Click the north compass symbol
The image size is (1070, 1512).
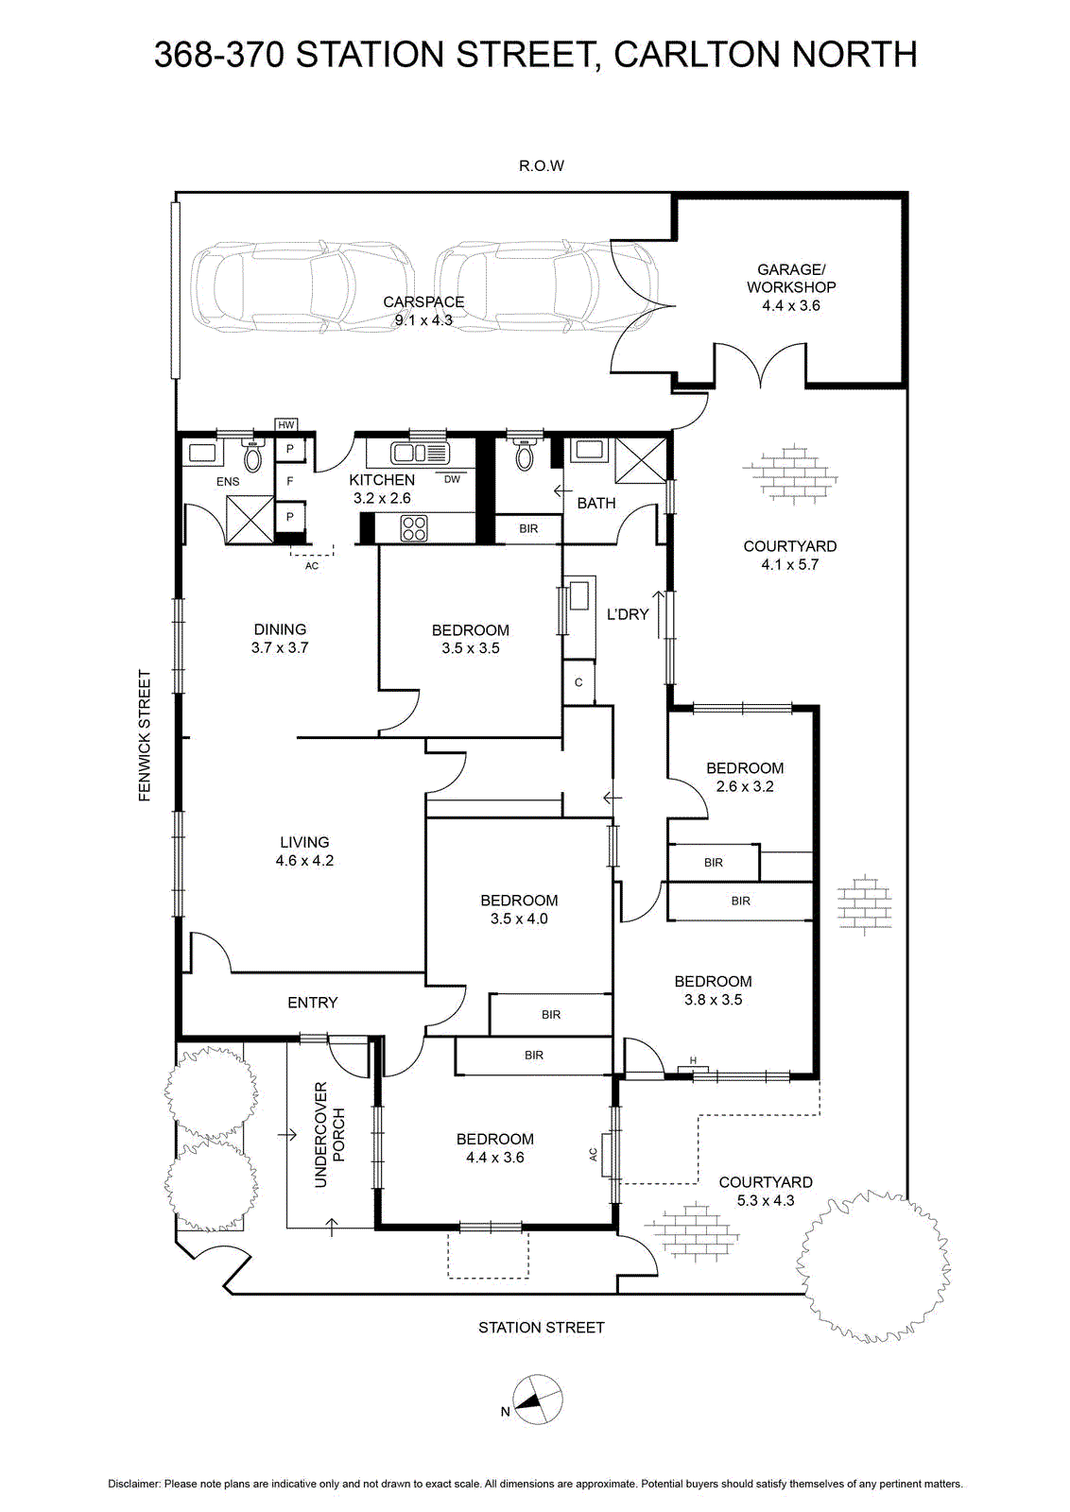click(x=537, y=1400)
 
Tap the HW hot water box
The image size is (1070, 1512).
click(x=286, y=425)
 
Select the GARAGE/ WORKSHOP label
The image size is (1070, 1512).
click(x=791, y=278)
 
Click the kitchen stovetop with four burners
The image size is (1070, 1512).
click(x=413, y=528)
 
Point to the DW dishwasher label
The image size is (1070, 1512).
click(x=452, y=480)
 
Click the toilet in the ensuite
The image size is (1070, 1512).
click(x=253, y=456)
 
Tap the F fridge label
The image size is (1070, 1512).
click(x=290, y=481)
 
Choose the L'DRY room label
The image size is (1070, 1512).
click(x=627, y=614)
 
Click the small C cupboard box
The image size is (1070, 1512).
click(x=578, y=682)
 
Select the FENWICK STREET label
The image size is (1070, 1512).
click(x=145, y=735)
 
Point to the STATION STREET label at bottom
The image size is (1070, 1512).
click(x=542, y=1328)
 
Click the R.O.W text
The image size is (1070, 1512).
click(x=542, y=166)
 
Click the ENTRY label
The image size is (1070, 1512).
click(x=313, y=1003)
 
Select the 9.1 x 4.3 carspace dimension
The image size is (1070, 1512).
click(x=423, y=320)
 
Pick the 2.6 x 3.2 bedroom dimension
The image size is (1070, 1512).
click(x=745, y=786)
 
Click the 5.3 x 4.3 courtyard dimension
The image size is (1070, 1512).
click(x=765, y=1201)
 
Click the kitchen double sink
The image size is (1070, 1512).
click(x=420, y=453)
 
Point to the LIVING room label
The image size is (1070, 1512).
click(x=304, y=842)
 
